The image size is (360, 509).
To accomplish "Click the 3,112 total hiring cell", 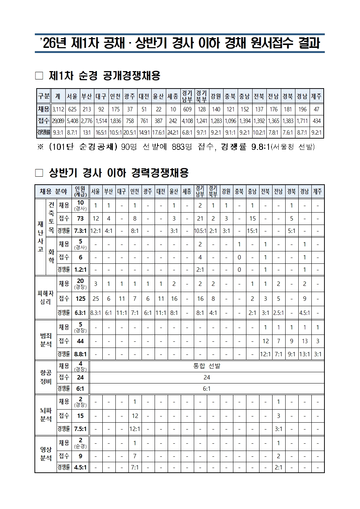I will (x=58, y=109).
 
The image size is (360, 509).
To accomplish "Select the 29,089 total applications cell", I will (x=58, y=121).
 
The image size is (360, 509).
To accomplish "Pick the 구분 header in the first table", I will (x=44, y=97).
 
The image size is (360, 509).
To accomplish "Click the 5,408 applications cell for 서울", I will (x=73, y=121).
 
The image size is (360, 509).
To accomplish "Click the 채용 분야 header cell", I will (x=53, y=191).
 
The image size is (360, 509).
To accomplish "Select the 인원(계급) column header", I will (x=80, y=191).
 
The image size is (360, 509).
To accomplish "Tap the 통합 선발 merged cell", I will (x=206, y=366).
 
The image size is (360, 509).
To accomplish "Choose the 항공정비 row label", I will (x=46, y=377).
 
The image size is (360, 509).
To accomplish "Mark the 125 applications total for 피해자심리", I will (x=80, y=299).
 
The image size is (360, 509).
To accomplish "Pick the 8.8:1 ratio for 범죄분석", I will (x=80, y=354).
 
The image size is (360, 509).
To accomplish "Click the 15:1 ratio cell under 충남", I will (x=252, y=231).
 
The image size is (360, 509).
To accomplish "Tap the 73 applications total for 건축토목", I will (x=80, y=218).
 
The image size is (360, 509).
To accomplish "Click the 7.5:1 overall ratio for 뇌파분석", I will (x=80, y=429).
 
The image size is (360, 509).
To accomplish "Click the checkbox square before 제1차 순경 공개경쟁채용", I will (x=39, y=76).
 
